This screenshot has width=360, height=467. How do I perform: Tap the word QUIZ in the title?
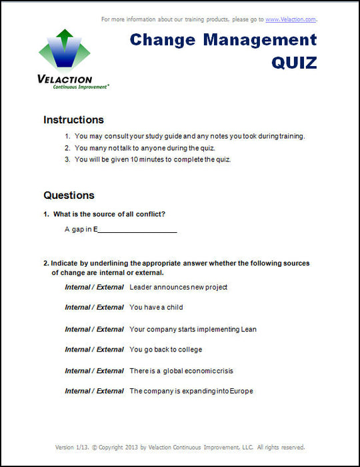[294, 62]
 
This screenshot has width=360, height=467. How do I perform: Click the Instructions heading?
[73, 120]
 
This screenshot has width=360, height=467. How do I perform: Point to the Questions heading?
[69, 195]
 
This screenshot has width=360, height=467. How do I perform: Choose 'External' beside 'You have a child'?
[110, 308]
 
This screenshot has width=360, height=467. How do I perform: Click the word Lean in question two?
[248, 329]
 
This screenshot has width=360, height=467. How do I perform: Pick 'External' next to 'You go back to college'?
[110, 350]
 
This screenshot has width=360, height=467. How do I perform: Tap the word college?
[189, 350]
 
